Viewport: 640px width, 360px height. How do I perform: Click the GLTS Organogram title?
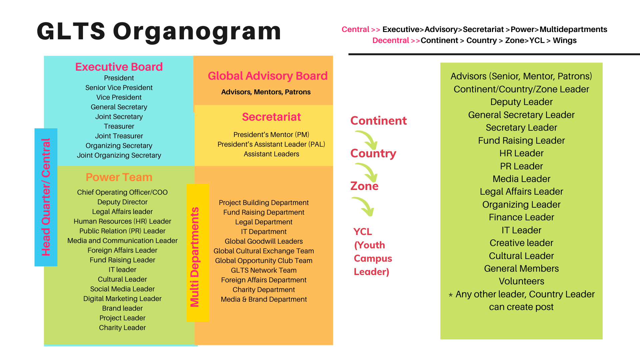159,31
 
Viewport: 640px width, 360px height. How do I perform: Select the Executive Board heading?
119,67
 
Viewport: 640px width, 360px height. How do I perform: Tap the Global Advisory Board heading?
268,76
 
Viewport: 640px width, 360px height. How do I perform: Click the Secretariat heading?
271,117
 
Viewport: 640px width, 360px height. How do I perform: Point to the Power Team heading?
119,177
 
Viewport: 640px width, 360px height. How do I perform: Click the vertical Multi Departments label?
195,257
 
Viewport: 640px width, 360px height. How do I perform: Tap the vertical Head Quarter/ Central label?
46,197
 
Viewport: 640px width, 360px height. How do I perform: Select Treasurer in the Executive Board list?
119,126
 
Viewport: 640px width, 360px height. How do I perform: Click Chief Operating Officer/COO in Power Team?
122,192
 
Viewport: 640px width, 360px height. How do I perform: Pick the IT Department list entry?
264,232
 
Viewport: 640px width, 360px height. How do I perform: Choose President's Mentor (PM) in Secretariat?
271,135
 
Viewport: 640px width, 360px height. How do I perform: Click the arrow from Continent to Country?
367,140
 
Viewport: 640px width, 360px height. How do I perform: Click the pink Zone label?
364,186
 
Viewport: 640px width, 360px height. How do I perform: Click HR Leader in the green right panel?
521,153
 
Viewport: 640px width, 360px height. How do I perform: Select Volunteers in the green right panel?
521,281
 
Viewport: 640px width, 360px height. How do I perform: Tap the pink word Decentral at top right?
391,40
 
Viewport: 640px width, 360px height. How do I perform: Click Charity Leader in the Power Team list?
122,328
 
